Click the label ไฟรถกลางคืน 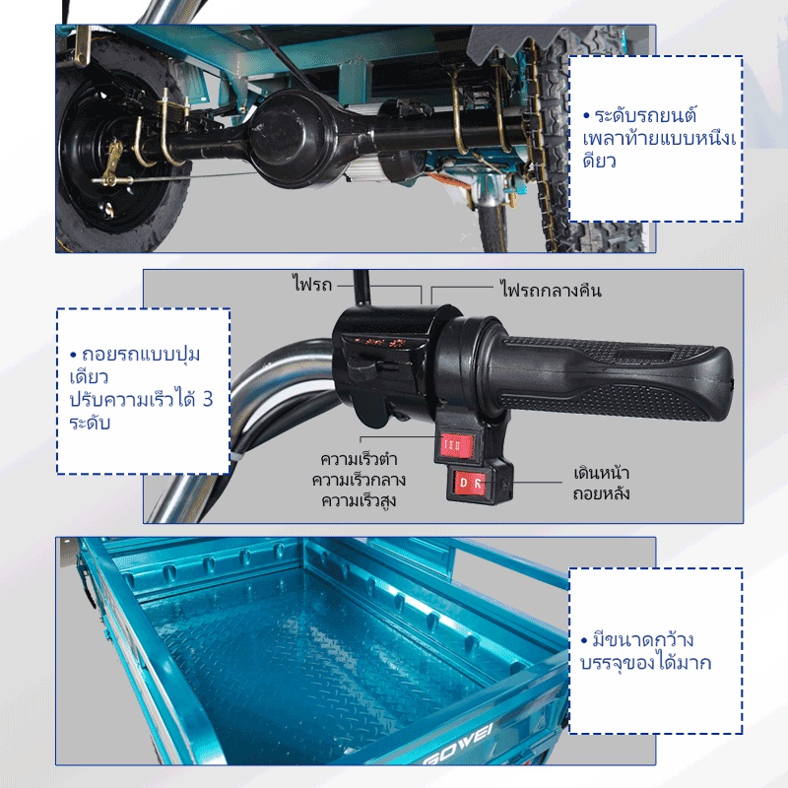pos(551,290)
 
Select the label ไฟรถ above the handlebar pos(312,284)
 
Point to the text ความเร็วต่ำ pos(359,459)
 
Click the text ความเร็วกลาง pos(359,480)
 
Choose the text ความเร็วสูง pos(359,500)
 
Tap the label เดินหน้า pos(602,473)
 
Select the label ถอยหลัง pos(601,493)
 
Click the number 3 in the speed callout pos(208,399)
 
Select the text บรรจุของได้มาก pos(646,663)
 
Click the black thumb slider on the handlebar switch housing pos(361,370)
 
